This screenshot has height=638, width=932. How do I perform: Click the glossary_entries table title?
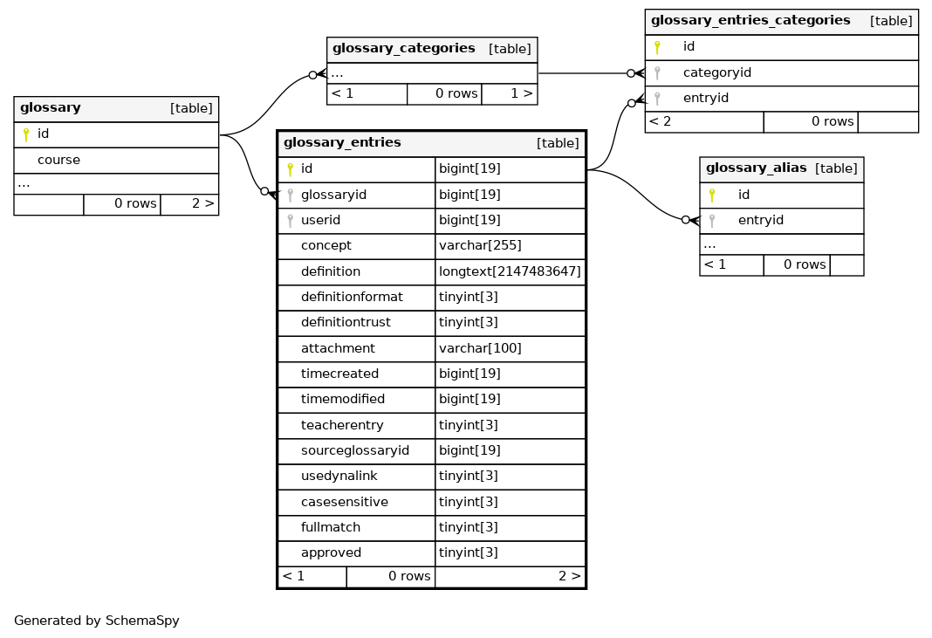click(x=342, y=143)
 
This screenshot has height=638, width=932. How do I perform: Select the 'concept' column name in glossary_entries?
click(x=326, y=245)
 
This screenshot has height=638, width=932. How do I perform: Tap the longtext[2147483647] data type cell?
click(x=510, y=271)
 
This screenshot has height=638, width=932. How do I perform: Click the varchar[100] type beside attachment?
click(x=480, y=348)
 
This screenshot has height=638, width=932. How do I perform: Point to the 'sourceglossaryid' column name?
click(x=355, y=450)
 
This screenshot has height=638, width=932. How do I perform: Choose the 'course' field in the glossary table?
click(x=58, y=160)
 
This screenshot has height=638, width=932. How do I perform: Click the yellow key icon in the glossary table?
click(x=25, y=134)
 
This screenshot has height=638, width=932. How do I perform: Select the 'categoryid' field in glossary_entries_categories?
click(x=716, y=72)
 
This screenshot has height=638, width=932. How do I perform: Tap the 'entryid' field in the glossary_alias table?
click(x=761, y=220)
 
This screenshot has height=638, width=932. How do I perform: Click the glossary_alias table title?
click(x=756, y=168)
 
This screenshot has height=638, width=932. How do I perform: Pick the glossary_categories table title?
click(x=403, y=49)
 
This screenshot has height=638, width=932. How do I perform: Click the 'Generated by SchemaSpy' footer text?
click(x=96, y=621)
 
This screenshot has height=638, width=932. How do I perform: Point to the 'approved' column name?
click(x=331, y=553)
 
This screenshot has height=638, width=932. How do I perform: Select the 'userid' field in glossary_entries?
click(x=320, y=220)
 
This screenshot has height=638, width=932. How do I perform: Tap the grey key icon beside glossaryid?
click(x=290, y=195)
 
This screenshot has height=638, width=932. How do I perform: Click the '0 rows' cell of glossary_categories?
click(x=456, y=93)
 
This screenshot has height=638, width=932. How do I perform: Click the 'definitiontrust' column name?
click(x=346, y=322)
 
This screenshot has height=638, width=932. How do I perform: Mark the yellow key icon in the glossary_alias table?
click(x=711, y=195)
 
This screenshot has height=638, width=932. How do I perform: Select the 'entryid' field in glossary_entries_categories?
click(x=705, y=98)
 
